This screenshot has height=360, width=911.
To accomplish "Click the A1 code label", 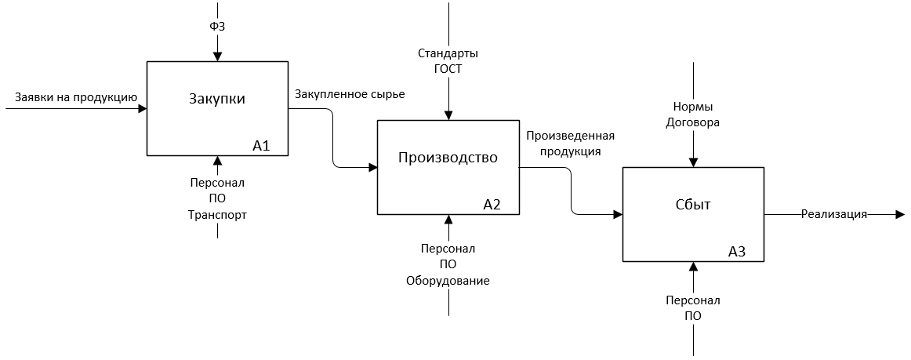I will pos(261,145).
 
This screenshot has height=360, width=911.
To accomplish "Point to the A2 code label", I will pos(492,205).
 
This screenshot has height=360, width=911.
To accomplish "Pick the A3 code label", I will pos(737,252).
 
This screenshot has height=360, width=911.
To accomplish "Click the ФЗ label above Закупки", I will pos(217,27).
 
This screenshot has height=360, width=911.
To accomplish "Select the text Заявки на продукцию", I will pos(76,98).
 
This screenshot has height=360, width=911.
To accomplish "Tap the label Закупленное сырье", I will pos(350,95).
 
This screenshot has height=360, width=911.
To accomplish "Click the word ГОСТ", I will pos(448,69).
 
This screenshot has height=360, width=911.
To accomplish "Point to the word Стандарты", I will pos(448,53).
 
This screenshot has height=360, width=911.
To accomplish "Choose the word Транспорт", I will pos(217,214).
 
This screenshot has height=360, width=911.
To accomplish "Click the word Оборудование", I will pos(448,280).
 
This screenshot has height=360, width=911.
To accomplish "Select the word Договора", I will pos(692,122).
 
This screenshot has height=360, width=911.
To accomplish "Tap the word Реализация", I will pos(833,214).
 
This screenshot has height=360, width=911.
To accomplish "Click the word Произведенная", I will pos(570,136).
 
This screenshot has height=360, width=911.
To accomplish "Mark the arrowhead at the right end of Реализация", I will pos(899,214).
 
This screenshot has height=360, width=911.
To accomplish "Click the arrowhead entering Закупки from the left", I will pos(143,109).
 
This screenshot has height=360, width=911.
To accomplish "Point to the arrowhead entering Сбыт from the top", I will pos(692,162).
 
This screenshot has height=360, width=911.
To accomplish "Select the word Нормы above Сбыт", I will pos(692,107).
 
